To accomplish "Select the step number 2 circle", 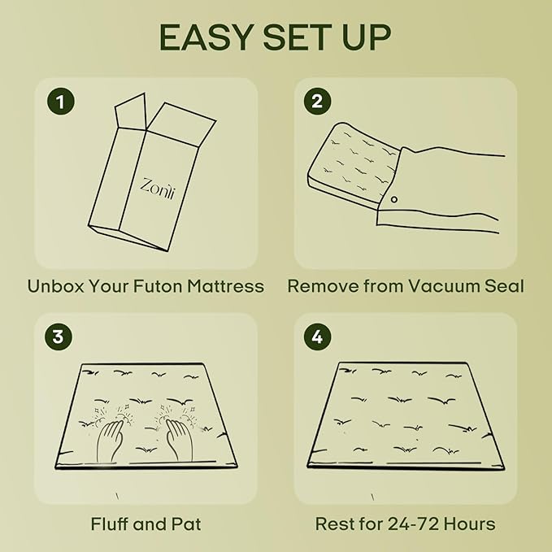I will coord(317,102).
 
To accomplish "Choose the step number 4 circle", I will coord(317,337).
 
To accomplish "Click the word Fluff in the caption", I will coord(111,524).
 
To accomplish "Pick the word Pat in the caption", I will coord(188,524).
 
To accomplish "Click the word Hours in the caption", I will coord(470,524).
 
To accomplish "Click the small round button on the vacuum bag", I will coord(394,198).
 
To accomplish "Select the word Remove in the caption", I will coord(319,286).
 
